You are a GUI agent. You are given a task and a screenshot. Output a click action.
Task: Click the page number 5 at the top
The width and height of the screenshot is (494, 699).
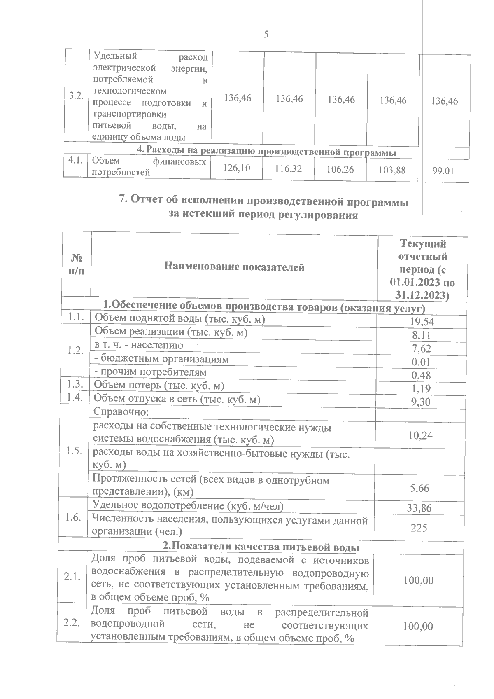click(266, 35)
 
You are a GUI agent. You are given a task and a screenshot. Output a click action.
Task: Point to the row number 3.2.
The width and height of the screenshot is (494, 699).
click(77, 96)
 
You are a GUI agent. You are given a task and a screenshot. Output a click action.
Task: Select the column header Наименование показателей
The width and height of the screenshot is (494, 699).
click(234, 267)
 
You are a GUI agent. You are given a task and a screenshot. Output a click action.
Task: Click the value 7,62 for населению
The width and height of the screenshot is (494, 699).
click(422, 349)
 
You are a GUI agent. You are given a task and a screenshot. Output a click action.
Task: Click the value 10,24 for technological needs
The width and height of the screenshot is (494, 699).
click(420, 435)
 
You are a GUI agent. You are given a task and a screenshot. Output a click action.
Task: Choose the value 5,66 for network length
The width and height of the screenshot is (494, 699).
click(419, 488)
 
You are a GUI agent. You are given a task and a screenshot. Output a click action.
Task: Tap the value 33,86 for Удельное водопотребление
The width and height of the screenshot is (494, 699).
click(419, 508)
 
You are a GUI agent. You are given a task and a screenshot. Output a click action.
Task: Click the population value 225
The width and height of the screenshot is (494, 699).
click(419, 527)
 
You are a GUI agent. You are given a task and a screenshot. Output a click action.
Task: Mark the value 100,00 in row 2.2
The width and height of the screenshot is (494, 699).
click(418, 627)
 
